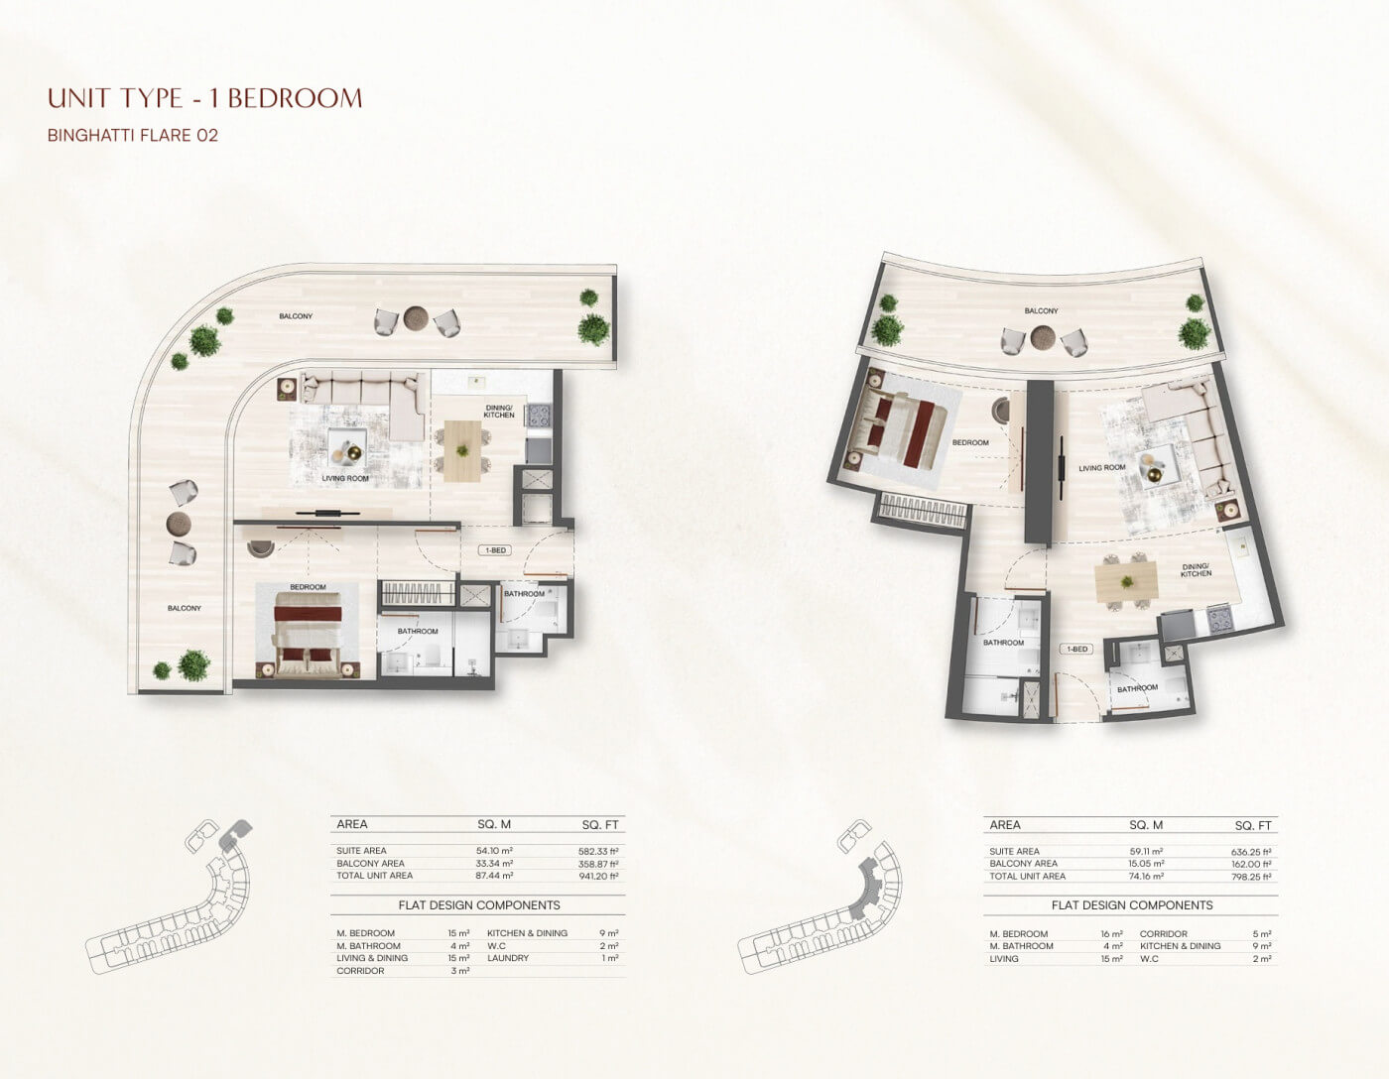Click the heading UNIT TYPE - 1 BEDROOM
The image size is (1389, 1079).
(204, 98)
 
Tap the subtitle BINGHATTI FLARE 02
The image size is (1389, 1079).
(133, 136)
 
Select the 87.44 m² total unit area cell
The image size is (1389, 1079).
(494, 876)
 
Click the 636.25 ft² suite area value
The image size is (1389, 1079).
(1250, 852)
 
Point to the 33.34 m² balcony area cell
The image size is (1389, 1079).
(494, 864)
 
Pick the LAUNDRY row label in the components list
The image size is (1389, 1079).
(508, 958)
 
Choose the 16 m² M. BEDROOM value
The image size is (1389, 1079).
(1111, 934)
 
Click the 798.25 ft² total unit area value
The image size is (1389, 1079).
(1250, 877)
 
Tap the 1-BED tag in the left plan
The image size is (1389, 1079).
(495, 550)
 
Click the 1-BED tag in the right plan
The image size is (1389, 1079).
(1077, 649)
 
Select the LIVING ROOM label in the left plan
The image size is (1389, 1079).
(345, 478)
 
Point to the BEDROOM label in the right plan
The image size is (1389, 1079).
(970, 442)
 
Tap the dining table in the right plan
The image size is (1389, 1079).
(1126, 582)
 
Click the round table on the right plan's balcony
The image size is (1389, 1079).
(1043, 336)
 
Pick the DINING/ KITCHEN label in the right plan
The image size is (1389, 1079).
(1196, 570)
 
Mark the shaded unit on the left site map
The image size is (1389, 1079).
(233, 836)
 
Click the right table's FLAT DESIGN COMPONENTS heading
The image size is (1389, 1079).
(1131, 905)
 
